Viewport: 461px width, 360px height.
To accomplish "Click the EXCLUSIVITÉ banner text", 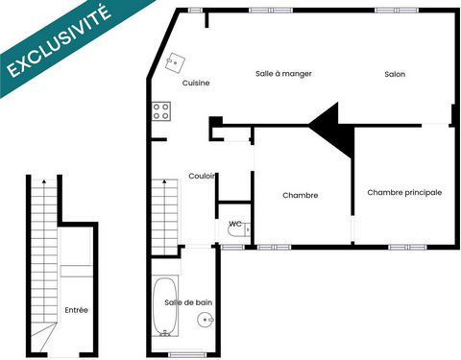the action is (59, 40).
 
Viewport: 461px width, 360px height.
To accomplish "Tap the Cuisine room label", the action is (196, 83).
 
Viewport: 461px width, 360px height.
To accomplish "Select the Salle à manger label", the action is (283, 74).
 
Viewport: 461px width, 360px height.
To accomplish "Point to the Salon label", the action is (395, 74).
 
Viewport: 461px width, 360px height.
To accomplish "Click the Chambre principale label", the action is (404, 193).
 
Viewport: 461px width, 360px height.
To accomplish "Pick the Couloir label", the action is (202, 176).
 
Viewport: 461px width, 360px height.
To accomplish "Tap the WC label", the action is (235, 224).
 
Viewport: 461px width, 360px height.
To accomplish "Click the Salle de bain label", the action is (188, 302).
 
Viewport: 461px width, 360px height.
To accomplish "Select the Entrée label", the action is (76, 310).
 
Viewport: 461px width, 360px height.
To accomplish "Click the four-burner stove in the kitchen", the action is (161, 111).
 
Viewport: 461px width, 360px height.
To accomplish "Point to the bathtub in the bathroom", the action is (165, 306).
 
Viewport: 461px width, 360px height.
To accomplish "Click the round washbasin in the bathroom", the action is (206, 320).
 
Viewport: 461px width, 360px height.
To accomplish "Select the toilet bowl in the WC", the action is (235, 229).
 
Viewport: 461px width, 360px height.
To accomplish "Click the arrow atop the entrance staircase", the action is (44, 181).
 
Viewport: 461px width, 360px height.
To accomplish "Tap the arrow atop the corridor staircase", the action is (164, 181).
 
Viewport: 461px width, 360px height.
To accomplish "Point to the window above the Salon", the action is (397, 11).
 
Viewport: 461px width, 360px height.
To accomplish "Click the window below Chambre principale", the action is (408, 247).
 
